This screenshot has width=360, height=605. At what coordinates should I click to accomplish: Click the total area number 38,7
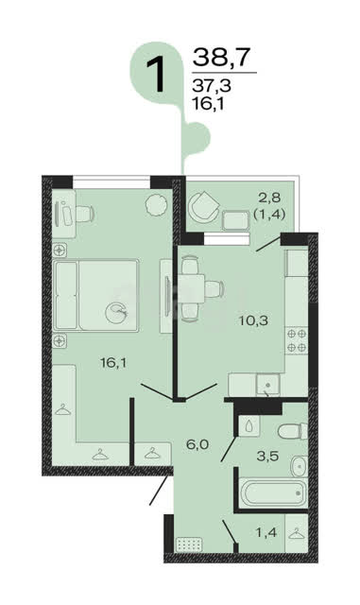click(221, 57)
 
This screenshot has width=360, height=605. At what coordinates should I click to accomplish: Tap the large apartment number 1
click(156, 75)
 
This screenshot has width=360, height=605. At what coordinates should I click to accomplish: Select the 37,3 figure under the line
click(212, 85)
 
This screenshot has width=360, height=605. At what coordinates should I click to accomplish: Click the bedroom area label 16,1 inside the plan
click(113, 363)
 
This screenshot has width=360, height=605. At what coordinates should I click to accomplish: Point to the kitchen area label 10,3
click(253, 320)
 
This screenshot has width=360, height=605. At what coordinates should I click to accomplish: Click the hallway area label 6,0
click(197, 444)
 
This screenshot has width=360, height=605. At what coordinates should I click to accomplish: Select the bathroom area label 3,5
click(267, 456)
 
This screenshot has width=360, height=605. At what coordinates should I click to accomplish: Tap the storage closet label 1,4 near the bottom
click(266, 533)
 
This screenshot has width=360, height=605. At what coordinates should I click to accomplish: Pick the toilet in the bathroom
click(292, 431)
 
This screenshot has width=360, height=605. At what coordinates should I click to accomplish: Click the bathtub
click(273, 493)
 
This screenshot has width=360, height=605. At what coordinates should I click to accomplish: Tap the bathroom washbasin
click(299, 466)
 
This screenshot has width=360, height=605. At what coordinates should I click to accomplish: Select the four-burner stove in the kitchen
click(297, 340)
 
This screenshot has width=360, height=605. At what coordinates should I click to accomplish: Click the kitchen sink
click(268, 385)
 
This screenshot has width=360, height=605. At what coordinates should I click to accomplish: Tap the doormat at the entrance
click(189, 544)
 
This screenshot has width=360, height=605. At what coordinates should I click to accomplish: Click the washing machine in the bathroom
click(249, 426)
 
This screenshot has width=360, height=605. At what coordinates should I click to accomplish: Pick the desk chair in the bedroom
click(85, 214)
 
